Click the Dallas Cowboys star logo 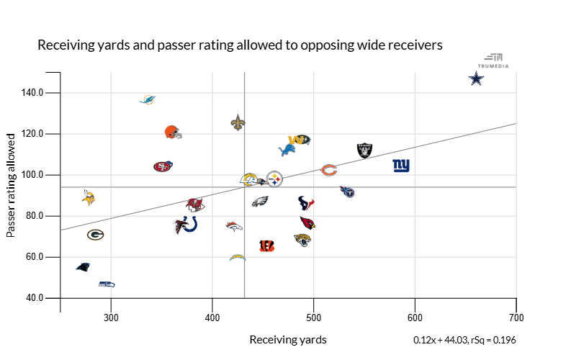pos(476,78)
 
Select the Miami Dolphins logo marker pos(148,99)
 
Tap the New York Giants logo pos(401,166)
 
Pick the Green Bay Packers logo pos(96,234)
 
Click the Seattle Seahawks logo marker pos(107,284)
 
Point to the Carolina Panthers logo pos(84,266)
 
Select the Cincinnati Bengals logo pos(266,246)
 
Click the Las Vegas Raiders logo pos(364,150)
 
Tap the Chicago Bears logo pos(328,171)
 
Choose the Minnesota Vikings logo pos(89,197)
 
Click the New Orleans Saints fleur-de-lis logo pos(238,122)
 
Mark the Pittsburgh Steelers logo pos(274,179)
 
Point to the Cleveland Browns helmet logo pos(172,132)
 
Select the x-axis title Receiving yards pos(288,339)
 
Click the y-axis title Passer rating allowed pos(11,184)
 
